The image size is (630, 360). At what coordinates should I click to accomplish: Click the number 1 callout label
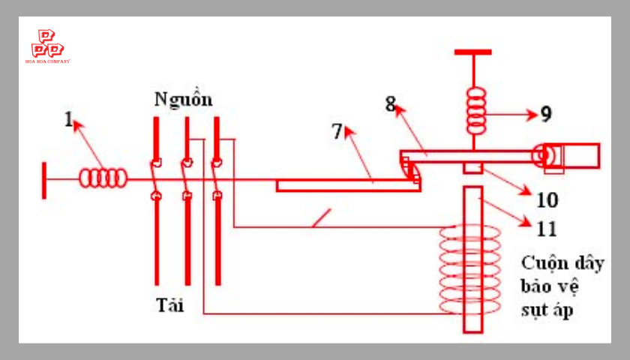click(x=69, y=119)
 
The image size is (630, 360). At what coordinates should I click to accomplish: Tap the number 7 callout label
click(x=337, y=131)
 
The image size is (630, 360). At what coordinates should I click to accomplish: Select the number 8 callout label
click(x=390, y=104)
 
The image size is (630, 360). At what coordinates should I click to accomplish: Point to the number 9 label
click(x=546, y=114)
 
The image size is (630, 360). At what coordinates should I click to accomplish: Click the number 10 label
click(x=547, y=199)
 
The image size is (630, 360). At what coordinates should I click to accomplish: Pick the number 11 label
click(x=547, y=229)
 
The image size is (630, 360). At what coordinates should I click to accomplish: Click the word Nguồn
click(x=184, y=99)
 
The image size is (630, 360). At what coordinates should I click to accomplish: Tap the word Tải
click(x=170, y=305)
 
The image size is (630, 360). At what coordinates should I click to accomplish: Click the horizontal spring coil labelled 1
click(x=103, y=178)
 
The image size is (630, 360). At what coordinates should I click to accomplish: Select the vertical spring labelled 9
click(x=475, y=111)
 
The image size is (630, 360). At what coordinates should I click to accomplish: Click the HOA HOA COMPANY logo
click(x=47, y=46)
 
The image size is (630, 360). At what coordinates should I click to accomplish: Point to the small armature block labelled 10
click(x=473, y=167)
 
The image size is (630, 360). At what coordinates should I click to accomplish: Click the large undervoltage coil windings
click(x=470, y=269)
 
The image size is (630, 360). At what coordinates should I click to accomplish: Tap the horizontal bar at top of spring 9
click(x=473, y=52)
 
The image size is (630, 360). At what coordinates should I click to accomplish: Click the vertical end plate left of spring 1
click(x=44, y=181)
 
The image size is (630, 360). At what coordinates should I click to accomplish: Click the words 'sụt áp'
click(x=547, y=310)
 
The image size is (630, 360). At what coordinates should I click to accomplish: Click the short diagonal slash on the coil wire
click(x=322, y=218)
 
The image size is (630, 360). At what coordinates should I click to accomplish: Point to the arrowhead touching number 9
click(x=532, y=115)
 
